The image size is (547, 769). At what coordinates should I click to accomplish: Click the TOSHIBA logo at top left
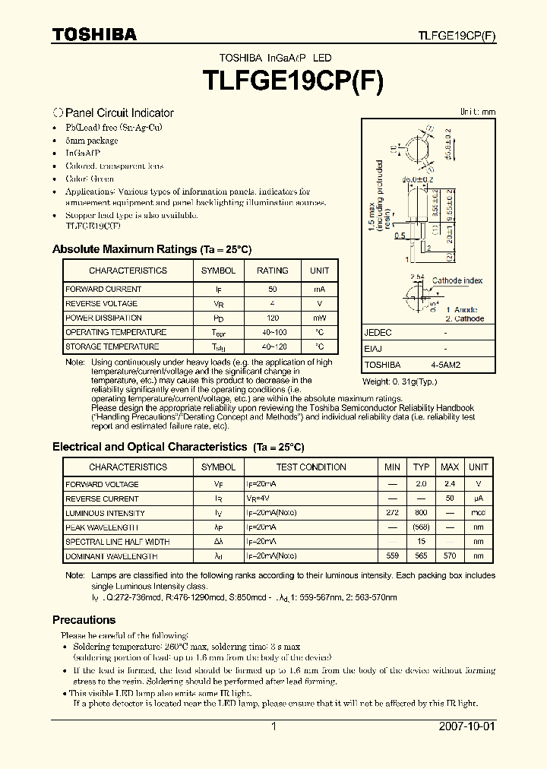coord(95,34)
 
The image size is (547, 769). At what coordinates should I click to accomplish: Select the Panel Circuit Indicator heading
coord(119,112)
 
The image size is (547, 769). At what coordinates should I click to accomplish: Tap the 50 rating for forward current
coord(272,290)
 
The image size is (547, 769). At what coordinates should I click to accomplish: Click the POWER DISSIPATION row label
coord(103,318)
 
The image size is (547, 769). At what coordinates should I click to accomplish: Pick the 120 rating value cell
coord(272,318)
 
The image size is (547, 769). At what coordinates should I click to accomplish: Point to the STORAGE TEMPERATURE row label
coord(112,347)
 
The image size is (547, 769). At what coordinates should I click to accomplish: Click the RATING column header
coord(272,271)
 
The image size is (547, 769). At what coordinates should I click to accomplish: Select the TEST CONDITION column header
coord(311,467)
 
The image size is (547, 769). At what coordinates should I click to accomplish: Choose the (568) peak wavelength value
coord(421,527)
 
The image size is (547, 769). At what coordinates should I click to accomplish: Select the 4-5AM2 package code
coord(445,365)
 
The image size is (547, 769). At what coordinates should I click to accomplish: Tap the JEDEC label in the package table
coord(378,333)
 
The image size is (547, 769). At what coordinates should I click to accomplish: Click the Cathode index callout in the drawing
coord(457,281)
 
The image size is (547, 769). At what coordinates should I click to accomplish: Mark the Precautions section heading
coord(84,620)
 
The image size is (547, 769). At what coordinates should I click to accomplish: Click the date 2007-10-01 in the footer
coord(466,726)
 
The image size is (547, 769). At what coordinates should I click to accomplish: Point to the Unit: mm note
coord(477,112)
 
